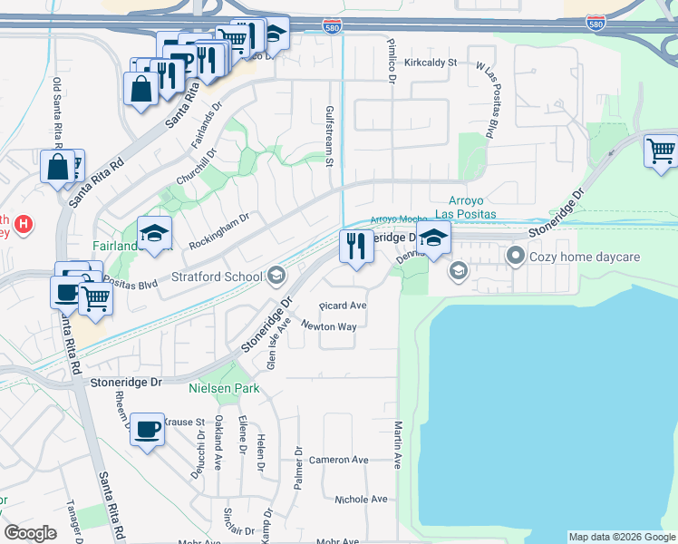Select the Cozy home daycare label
586,257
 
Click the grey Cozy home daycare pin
516,257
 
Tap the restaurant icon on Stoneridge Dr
355,246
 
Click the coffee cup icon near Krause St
147,429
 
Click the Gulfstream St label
329,137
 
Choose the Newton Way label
328,326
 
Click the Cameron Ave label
338,460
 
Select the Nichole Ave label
360,500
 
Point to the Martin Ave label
397,444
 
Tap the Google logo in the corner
31,533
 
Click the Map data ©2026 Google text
621,537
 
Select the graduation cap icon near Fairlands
154,234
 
